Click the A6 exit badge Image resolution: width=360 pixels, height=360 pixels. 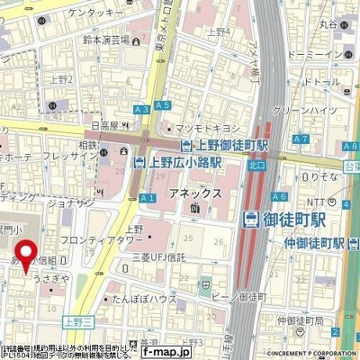click(280, 195)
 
